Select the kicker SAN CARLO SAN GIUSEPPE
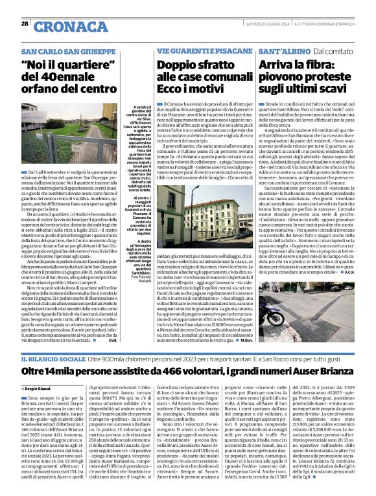pyautogui.click(x=61, y=51)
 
